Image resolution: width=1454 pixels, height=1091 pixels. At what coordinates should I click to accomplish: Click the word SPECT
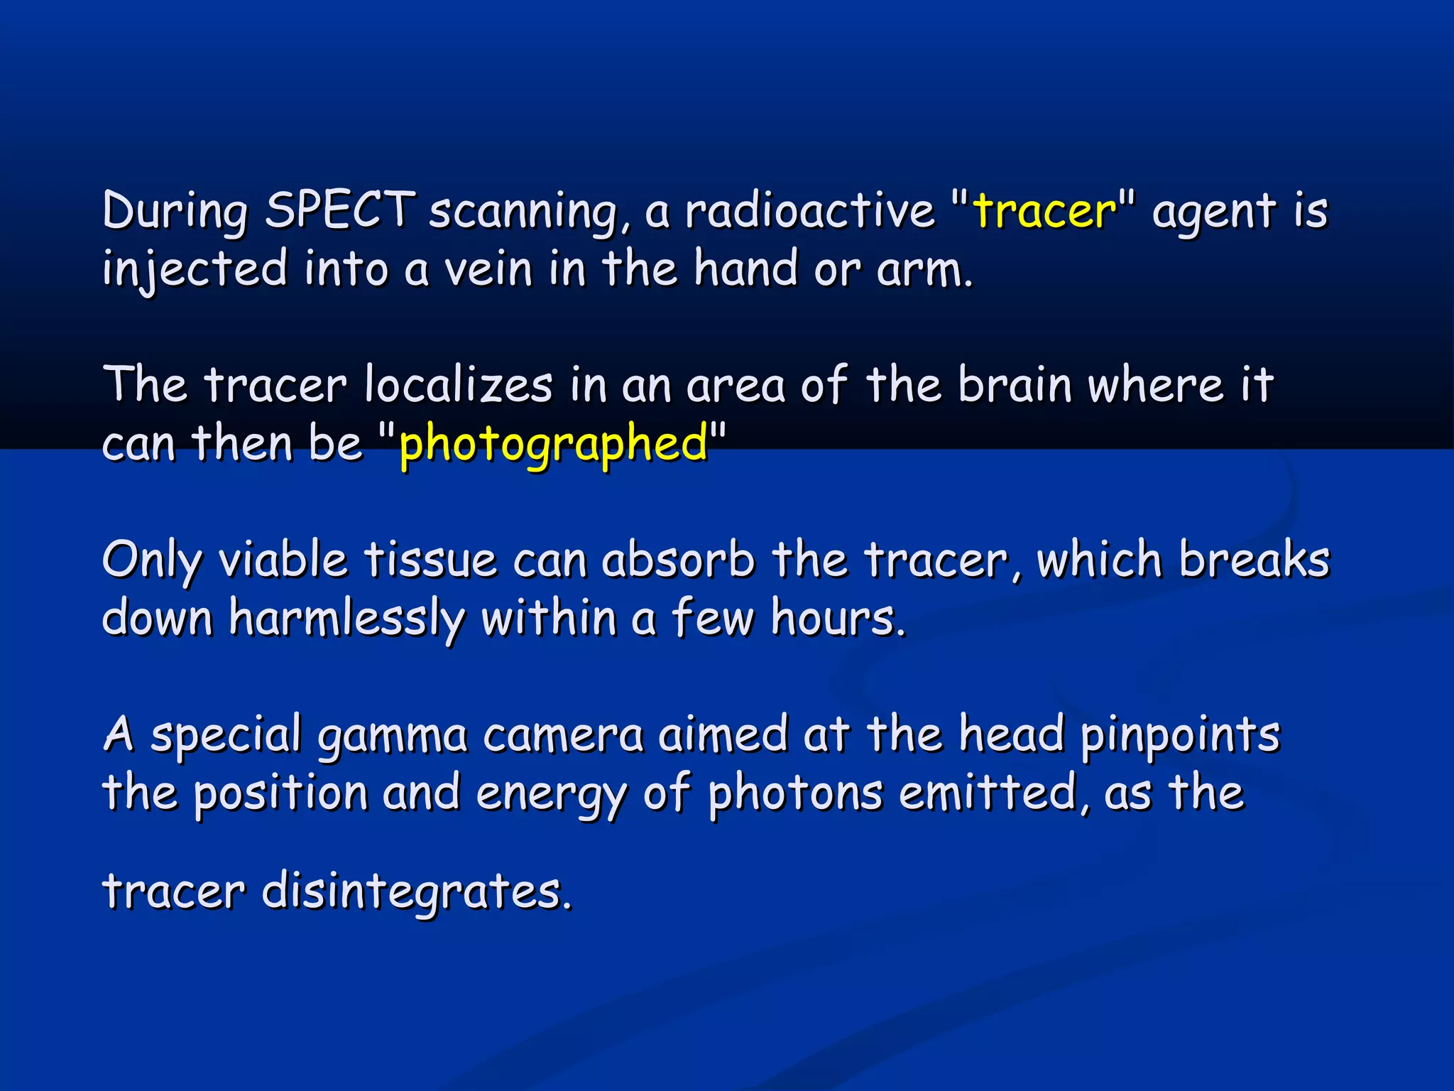339,210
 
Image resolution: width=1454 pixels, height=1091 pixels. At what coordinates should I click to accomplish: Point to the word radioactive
809,210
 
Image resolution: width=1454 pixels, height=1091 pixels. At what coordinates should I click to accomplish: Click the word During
175,212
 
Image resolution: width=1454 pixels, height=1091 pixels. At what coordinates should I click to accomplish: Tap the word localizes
458,385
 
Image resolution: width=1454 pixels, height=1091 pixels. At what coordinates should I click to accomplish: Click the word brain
1015,385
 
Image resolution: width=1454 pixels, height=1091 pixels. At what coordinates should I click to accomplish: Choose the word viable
282,560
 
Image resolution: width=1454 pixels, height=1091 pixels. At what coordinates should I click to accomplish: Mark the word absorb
678,560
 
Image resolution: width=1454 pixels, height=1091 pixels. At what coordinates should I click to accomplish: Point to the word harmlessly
346,618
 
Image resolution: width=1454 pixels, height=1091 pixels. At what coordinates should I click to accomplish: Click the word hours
838,618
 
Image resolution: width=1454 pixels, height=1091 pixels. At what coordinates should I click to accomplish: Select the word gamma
392,736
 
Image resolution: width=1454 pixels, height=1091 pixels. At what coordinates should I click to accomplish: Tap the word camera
563,736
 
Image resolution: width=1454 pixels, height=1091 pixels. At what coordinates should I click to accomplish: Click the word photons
795,794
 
